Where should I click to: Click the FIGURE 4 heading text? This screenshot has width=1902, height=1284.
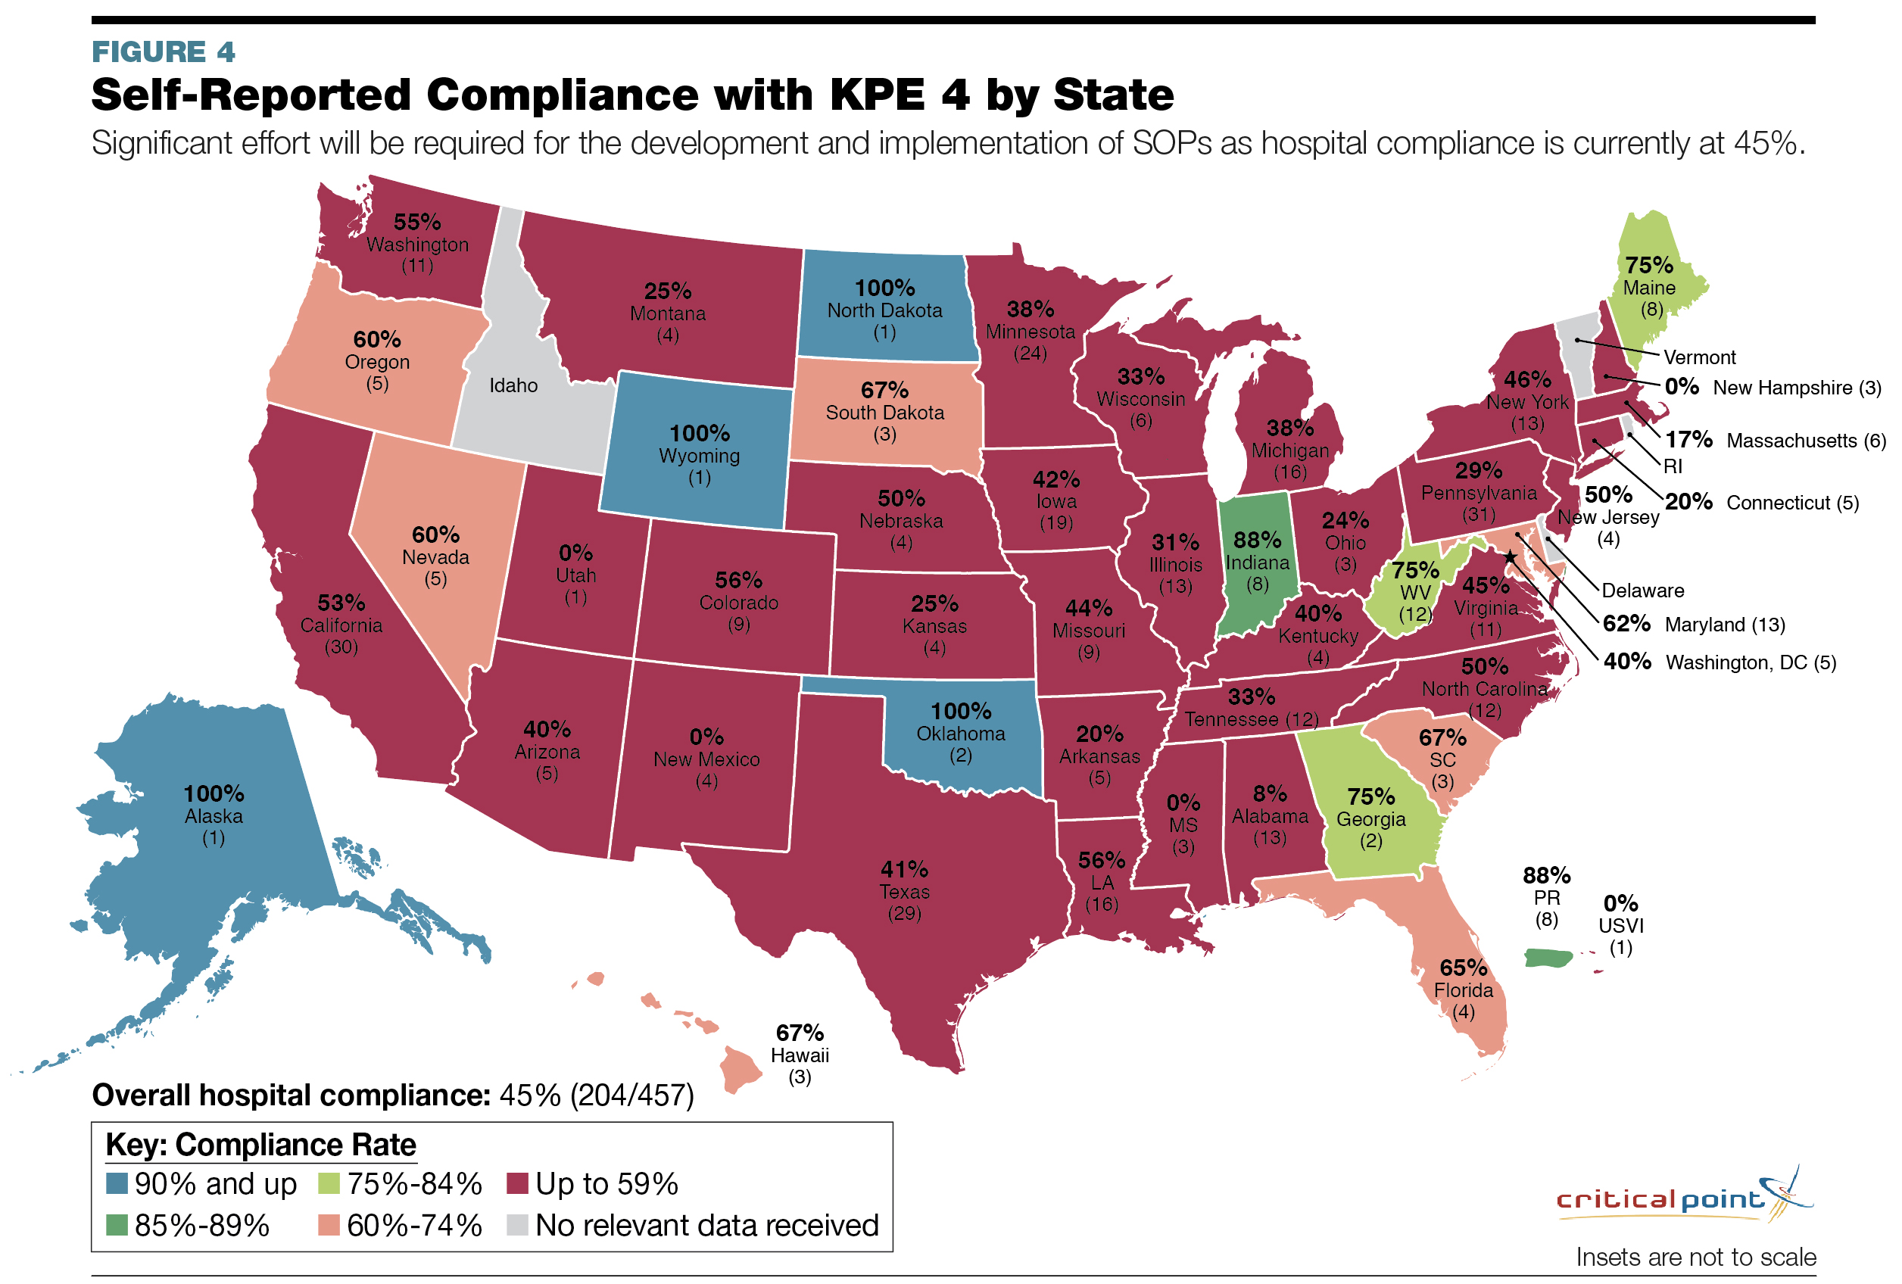pyautogui.click(x=163, y=51)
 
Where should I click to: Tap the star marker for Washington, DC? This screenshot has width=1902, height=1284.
pyautogui.click(x=1510, y=556)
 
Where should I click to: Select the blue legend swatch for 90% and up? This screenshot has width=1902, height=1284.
pyautogui.click(x=117, y=1183)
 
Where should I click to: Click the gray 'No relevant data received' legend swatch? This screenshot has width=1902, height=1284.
pyautogui.click(x=517, y=1225)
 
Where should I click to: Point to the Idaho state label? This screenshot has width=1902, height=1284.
pyautogui.click(x=513, y=385)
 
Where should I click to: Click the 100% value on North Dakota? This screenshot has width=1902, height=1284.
pyautogui.click(x=884, y=288)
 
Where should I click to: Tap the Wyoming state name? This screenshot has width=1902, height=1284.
pyautogui.click(x=699, y=456)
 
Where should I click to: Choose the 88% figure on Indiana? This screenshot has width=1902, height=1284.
pyautogui.click(x=1257, y=540)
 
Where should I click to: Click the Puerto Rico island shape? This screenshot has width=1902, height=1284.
pyautogui.click(x=1548, y=958)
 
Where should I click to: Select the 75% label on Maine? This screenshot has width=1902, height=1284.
pyautogui.click(x=1649, y=265)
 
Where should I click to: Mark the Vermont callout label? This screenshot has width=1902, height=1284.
pyautogui.click(x=1699, y=357)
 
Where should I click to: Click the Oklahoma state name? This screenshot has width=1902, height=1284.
pyautogui.click(x=960, y=734)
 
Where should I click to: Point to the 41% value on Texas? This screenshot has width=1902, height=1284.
pyautogui.click(x=903, y=869)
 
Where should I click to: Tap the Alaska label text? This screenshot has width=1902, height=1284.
pyautogui.click(x=214, y=816)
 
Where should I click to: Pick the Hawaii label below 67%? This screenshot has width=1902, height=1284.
pyautogui.click(x=800, y=1055)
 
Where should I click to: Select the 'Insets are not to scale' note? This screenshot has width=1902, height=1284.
pyautogui.click(x=1696, y=1257)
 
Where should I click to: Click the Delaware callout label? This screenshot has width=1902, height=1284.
pyautogui.click(x=1642, y=591)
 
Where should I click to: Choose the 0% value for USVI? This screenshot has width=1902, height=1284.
pyautogui.click(x=1620, y=903)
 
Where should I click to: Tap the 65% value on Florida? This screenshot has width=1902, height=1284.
pyautogui.click(x=1464, y=968)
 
